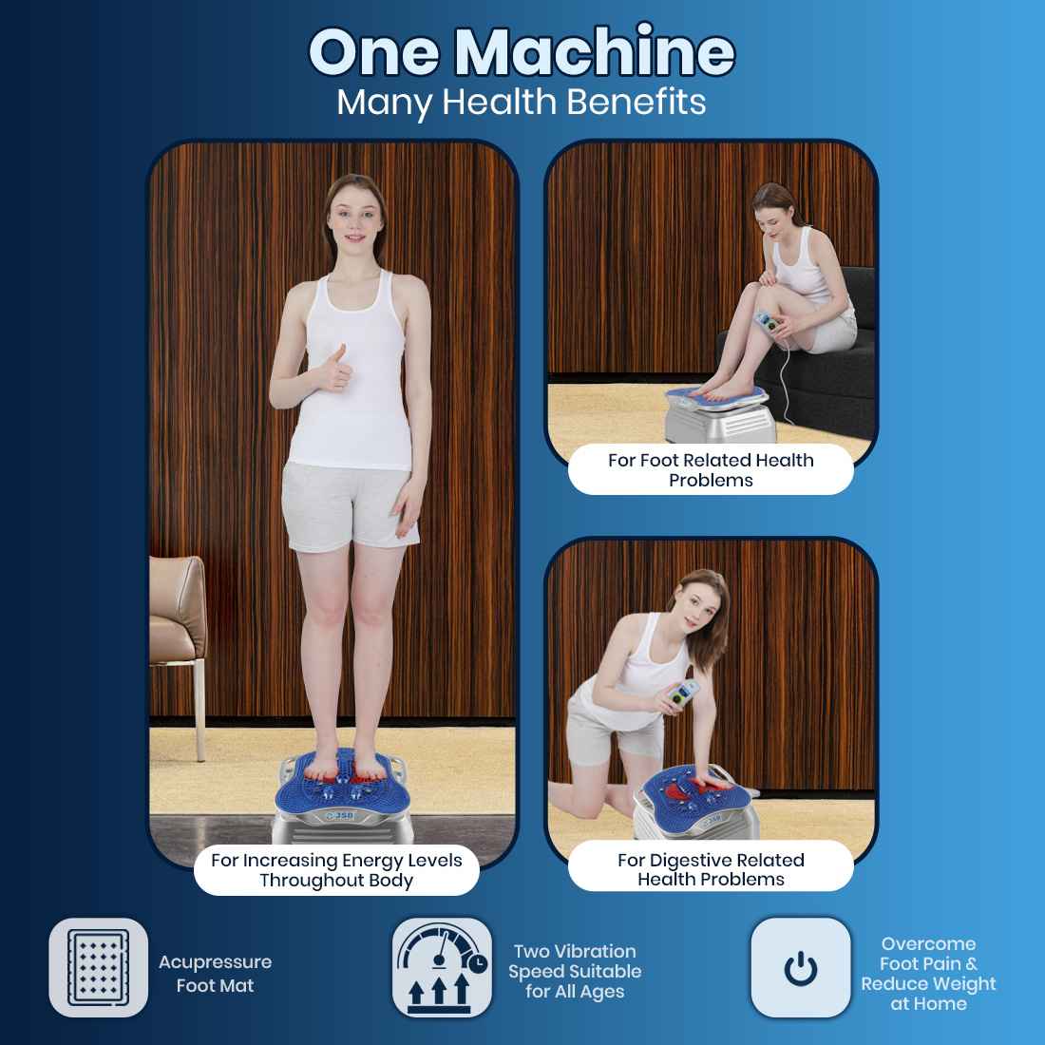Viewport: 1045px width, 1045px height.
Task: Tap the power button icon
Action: [801, 968]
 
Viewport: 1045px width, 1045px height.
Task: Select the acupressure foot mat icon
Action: [99, 968]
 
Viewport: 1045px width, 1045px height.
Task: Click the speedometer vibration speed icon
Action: [442, 968]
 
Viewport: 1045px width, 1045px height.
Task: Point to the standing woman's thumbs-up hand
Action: [337, 369]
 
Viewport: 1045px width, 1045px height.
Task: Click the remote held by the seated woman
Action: [769, 324]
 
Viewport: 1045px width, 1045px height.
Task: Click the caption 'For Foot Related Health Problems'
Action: [711, 470]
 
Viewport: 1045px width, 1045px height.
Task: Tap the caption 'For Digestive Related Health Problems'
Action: [711, 869]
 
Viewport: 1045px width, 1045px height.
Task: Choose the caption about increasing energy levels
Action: [336, 869]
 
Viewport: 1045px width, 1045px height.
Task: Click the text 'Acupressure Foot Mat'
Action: [216, 974]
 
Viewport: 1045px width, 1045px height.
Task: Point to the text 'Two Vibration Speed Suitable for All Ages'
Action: [575, 971]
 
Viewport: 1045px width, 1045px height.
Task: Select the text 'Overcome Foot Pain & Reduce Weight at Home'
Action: [928, 974]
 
